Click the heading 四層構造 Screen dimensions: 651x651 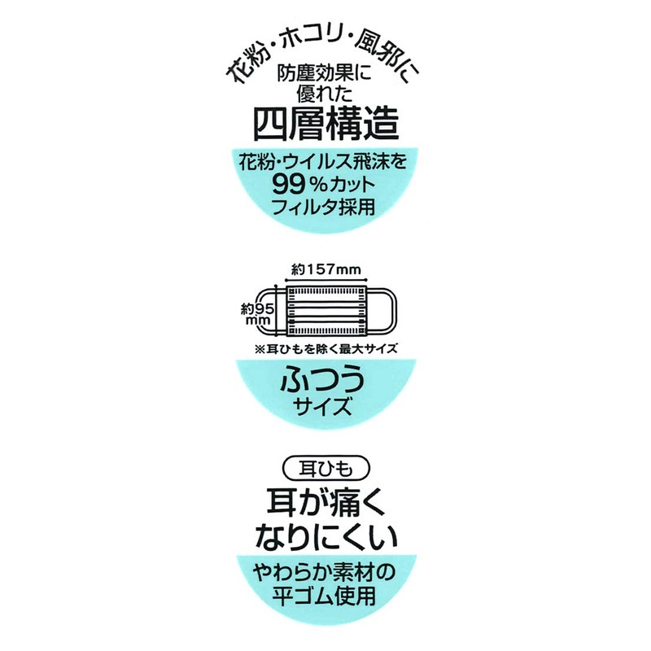pyautogui.click(x=325, y=125)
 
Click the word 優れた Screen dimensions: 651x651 pyautogui.click(x=325, y=96)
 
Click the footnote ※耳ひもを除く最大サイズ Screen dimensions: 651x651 pyautogui.click(x=325, y=350)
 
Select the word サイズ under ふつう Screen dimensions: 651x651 pyautogui.click(x=325, y=407)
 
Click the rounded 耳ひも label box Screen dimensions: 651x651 pyautogui.click(x=325, y=470)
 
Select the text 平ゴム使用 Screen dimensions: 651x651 pyautogui.click(x=325, y=595)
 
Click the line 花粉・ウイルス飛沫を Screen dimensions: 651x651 pyautogui.click(x=325, y=163)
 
